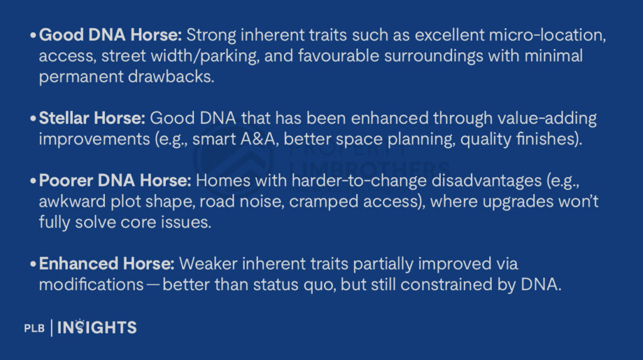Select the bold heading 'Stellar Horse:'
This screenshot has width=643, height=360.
tap(92, 118)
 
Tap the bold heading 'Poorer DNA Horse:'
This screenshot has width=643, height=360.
tap(115, 181)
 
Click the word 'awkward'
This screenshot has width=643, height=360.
tap(70, 202)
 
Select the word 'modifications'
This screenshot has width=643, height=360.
tap(91, 284)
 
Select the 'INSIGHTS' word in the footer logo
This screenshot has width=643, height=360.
tap(97, 327)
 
